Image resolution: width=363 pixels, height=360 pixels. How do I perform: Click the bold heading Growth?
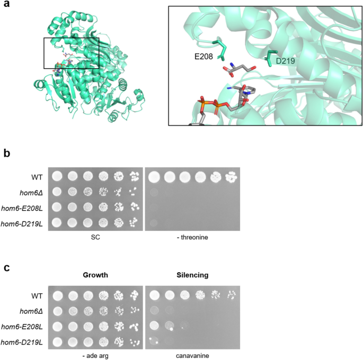(x=95, y=276)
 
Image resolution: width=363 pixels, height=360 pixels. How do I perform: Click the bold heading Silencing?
(x=193, y=276)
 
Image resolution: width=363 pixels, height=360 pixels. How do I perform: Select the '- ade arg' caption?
(x=95, y=353)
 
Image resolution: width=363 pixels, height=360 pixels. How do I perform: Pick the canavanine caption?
(x=193, y=353)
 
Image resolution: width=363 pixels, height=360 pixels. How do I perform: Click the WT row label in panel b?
(x=36, y=175)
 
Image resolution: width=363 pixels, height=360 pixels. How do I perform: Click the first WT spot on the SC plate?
(x=56, y=175)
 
